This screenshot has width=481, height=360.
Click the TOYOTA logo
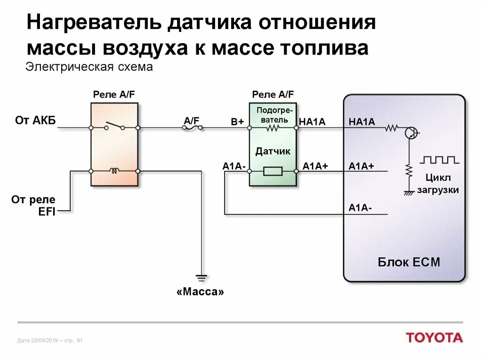click(434, 337)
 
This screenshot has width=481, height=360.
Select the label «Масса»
click(201, 292)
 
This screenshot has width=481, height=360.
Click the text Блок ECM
click(409, 262)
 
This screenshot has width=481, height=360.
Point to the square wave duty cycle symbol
click(440, 160)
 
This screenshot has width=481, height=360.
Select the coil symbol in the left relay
click(114, 171)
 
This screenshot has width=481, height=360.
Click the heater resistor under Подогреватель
click(272, 128)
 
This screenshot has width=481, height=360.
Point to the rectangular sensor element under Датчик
click(272, 171)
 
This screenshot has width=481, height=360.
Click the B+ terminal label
click(237, 122)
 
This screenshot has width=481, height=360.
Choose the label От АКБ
click(35, 121)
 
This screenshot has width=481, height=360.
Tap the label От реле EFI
click(33, 206)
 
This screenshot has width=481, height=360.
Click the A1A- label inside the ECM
click(360, 207)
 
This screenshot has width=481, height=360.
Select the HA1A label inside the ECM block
click(362, 122)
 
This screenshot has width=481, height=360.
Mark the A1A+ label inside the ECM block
click(361, 166)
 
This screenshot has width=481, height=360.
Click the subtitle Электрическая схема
click(89, 67)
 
